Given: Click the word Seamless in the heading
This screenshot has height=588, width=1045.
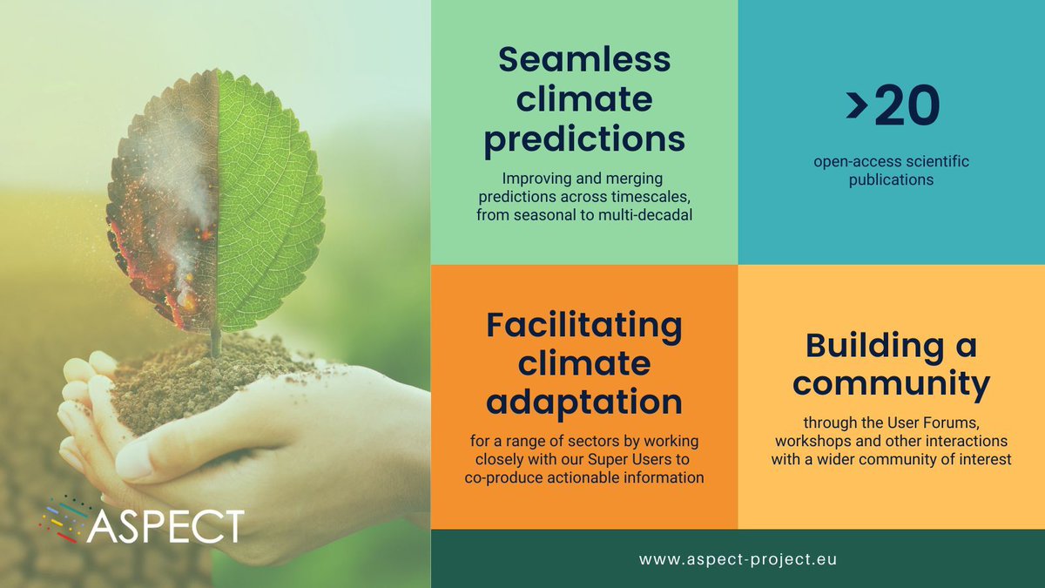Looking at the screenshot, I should click(x=584, y=59).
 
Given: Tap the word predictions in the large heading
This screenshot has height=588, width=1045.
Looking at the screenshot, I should click(x=584, y=139).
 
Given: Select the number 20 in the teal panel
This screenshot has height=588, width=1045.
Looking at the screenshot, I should click(x=907, y=106).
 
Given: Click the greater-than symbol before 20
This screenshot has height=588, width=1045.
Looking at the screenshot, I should click(x=856, y=107).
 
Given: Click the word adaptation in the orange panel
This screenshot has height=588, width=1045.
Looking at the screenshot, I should click(x=584, y=402).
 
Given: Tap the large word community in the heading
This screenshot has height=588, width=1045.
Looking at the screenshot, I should click(x=891, y=383).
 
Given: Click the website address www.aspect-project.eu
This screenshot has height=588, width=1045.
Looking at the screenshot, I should click(x=738, y=558).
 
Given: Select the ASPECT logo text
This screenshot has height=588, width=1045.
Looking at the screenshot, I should click(x=165, y=526).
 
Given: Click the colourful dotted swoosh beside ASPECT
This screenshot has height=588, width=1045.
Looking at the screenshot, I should click(x=65, y=517).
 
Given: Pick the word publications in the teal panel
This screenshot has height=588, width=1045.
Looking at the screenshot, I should click(x=891, y=179).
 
